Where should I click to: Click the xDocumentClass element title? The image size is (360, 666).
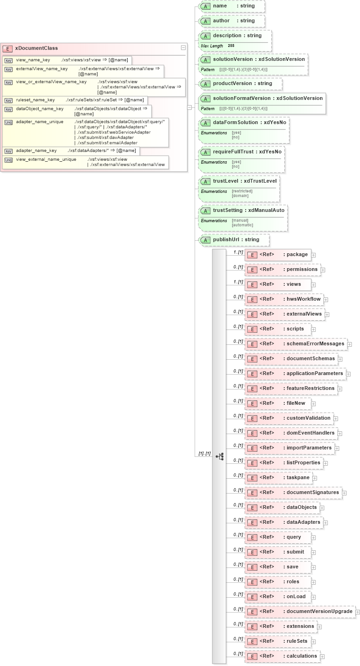click(x=36, y=48)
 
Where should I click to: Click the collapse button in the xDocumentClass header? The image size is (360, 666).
click(x=183, y=48)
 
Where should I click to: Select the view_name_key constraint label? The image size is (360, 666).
click(x=33, y=60)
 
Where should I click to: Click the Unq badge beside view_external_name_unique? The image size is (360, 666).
click(x=8, y=159)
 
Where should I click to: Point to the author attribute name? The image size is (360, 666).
click(x=221, y=21)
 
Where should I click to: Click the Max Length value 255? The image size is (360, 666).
click(x=231, y=46)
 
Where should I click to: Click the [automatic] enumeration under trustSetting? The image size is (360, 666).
click(x=242, y=225)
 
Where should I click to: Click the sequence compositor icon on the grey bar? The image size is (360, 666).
click(x=219, y=456)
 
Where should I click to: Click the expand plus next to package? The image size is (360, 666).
click(x=314, y=255)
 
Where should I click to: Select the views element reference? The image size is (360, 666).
click(x=294, y=284)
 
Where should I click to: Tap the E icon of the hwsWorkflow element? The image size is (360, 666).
click(x=252, y=300)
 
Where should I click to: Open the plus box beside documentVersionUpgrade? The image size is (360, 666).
click(x=358, y=612)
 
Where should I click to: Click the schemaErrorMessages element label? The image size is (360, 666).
click(x=315, y=344)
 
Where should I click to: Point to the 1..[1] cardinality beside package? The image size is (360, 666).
click(x=238, y=252)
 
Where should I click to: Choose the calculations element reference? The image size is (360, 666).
click(x=301, y=656)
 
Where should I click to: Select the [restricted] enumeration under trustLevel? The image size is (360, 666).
click(x=242, y=191)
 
